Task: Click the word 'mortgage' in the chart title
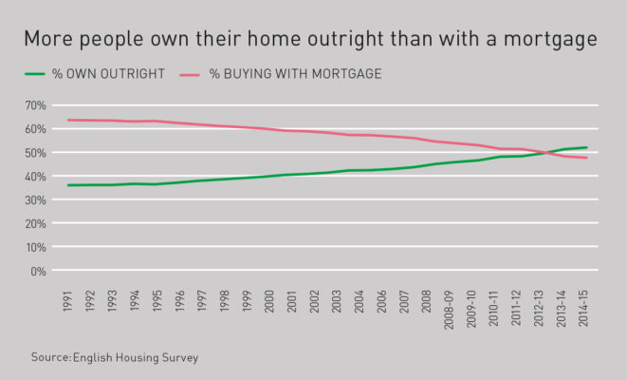(x=548, y=40)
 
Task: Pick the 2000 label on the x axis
(x=269, y=306)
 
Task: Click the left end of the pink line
(x=68, y=120)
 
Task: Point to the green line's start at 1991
(x=68, y=185)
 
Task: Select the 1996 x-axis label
(x=181, y=306)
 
